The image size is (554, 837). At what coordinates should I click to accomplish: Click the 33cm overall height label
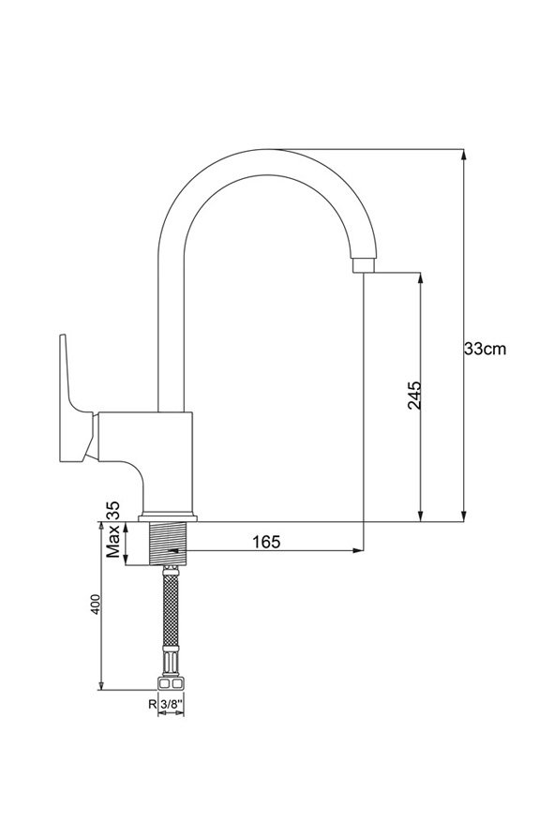pos(485,349)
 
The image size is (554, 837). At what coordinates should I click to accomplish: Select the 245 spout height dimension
pos(414,395)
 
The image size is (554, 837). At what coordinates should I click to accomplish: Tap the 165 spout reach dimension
pos(266,541)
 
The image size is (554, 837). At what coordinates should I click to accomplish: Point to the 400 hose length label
pos(95,605)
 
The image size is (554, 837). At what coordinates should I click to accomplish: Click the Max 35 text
pos(113,531)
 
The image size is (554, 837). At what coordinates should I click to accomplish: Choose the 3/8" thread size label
pos(172,704)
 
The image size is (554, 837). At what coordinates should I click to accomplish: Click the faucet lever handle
pos(77,399)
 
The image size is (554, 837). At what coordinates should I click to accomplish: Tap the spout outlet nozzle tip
pos(364,265)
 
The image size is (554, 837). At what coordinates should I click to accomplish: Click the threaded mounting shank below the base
pos(167,543)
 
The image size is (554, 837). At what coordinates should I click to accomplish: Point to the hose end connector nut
pos(171,684)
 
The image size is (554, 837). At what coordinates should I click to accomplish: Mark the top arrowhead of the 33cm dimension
pos(464,155)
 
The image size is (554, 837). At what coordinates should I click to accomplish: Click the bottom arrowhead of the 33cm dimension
pos(464,516)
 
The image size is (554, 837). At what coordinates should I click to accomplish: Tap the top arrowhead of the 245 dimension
pos(421,278)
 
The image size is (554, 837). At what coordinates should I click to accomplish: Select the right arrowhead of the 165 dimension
pos(357,550)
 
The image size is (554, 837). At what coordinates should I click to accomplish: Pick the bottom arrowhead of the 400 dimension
pos(101,685)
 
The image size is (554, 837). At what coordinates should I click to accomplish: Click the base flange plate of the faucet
pos(168,517)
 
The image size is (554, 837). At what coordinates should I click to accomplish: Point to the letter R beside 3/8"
pos(153,704)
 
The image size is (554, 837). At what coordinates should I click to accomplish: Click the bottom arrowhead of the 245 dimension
pos(421,516)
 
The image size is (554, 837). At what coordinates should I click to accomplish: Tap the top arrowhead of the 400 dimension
pos(101,528)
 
